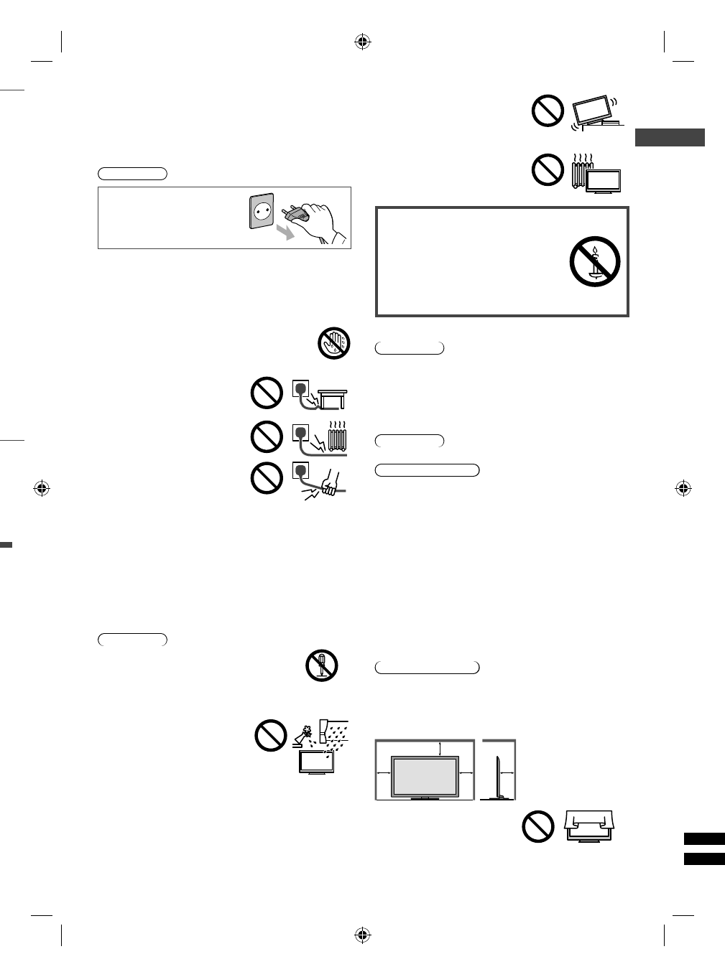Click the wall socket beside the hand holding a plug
click(262, 211)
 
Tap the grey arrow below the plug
click(286, 232)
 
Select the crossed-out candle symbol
click(595, 261)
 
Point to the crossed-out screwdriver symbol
click(321, 665)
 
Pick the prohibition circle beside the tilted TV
click(548, 111)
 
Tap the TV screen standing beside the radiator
click(604, 182)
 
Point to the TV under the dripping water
click(315, 762)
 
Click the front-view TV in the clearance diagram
click(424, 776)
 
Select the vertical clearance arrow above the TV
click(439, 748)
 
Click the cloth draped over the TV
click(590, 820)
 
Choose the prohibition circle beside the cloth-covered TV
click(538, 826)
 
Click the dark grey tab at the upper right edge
click(670, 137)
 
